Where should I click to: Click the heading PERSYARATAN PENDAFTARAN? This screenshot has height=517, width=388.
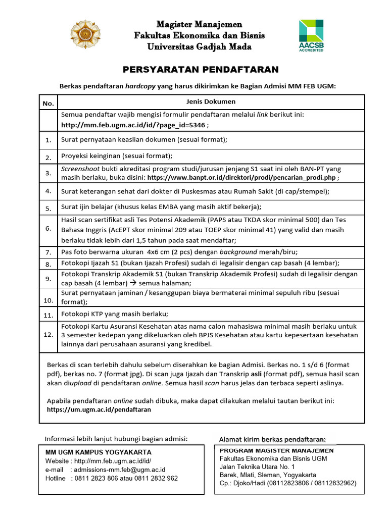tap(201, 69)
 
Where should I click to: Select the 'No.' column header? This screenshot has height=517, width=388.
tap(48, 104)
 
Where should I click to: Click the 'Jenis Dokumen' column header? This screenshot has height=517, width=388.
tap(211, 101)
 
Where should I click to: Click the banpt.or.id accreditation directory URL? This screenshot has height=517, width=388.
tap(242, 178)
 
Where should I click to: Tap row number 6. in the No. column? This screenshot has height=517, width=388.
tap(48, 228)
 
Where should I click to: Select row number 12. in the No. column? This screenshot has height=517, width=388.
tap(48, 334)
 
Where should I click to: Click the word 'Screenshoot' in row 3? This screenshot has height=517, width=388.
tap(78, 169)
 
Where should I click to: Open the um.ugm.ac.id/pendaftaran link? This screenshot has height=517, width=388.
tap(99, 409)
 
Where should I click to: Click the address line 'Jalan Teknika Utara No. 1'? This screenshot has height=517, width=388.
tap(257, 467)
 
